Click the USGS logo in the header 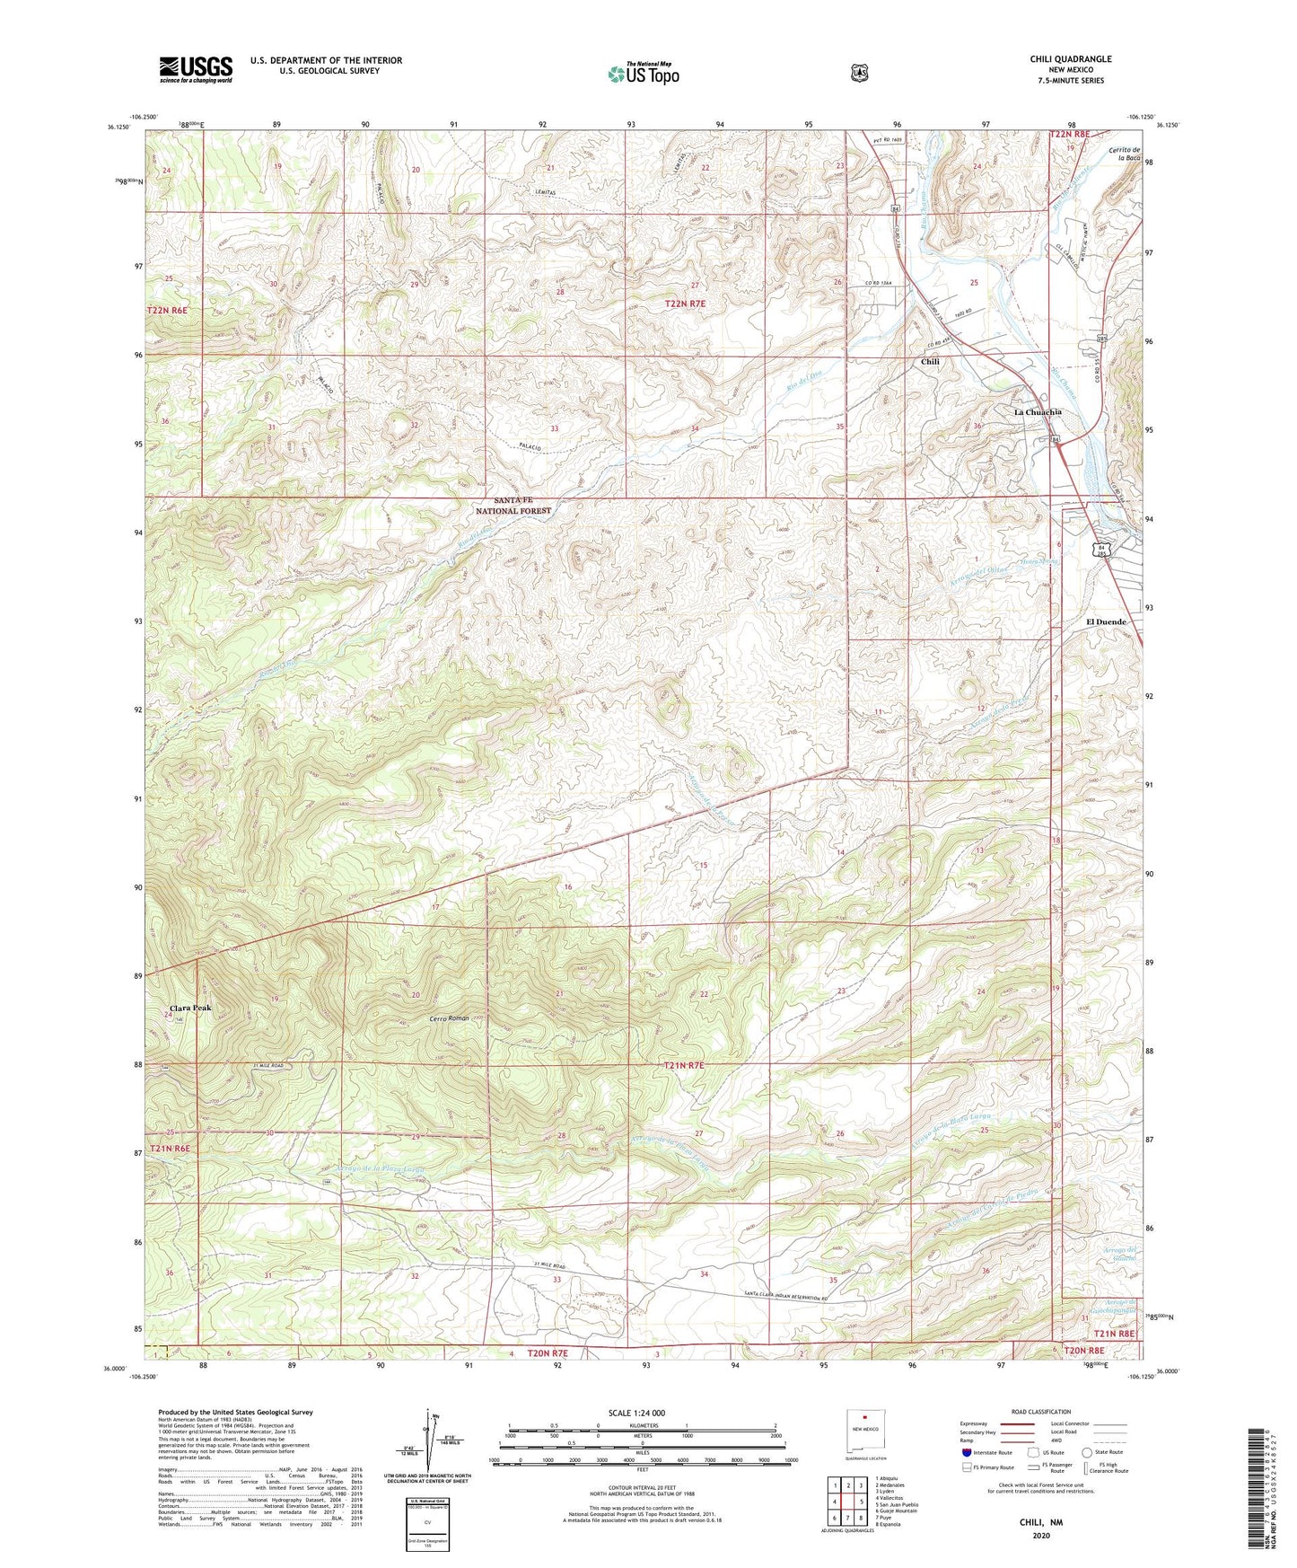click(196, 68)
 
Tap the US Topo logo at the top click(643, 74)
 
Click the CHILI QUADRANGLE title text click(1070, 59)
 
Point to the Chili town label click(930, 362)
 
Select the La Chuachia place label click(1038, 412)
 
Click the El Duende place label click(1106, 621)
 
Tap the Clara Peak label click(190, 1008)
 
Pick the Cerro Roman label click(449, 1018)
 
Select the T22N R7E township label click(685, 304)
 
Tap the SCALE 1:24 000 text click(636, 1413)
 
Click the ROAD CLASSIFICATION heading click(1041, 1412)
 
